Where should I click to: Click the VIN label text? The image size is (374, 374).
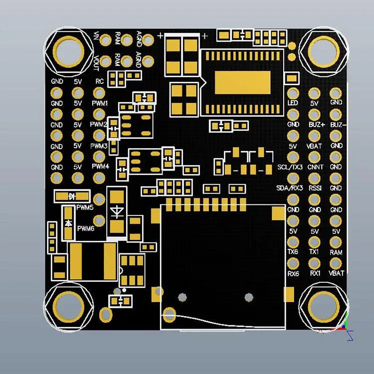tap(96, 36)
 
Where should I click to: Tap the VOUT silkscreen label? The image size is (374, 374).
tap(96, 63)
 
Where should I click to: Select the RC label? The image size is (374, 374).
tap(99, 81)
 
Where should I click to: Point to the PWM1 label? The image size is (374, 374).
tap(100, 103)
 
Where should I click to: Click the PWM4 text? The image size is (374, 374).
tap(100, 166)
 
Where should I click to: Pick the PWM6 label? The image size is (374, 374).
tap(86, 228)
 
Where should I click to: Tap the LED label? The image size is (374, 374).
tap(293, 103)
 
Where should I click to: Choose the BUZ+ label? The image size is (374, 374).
tap(317, 125)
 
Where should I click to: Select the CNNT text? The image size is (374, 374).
tap(315, 167)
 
